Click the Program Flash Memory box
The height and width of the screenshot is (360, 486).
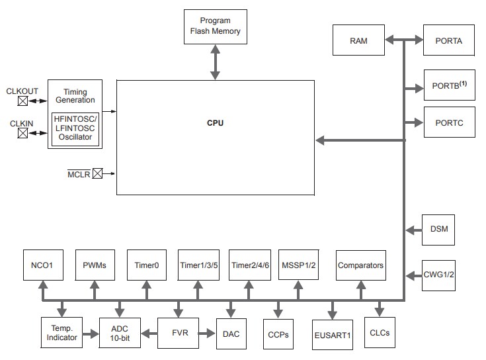click(216, 26)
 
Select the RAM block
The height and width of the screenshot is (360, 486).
click(358, 41)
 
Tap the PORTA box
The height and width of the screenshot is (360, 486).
click(449, 41)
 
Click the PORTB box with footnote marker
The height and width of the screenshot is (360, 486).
click(449, 87)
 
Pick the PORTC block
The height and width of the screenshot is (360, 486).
click(449, 123)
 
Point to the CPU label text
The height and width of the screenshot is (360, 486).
click(215, 124)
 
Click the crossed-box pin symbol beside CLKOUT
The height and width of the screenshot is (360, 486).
click(23, 101)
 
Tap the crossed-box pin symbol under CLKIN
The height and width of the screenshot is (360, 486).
click(23, 132)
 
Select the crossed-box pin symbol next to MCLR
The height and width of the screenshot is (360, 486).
click(97, 174)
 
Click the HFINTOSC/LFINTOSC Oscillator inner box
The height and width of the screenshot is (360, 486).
click(75, 128)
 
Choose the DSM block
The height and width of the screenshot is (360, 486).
click(438, 230)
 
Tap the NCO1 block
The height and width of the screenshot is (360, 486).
click(42, 265)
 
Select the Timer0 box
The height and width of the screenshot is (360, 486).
click(145, 265)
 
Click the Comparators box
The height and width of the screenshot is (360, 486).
click(360, 265)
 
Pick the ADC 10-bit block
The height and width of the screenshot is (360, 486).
click(119, 333)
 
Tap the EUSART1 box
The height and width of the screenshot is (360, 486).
click(332, 335)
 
